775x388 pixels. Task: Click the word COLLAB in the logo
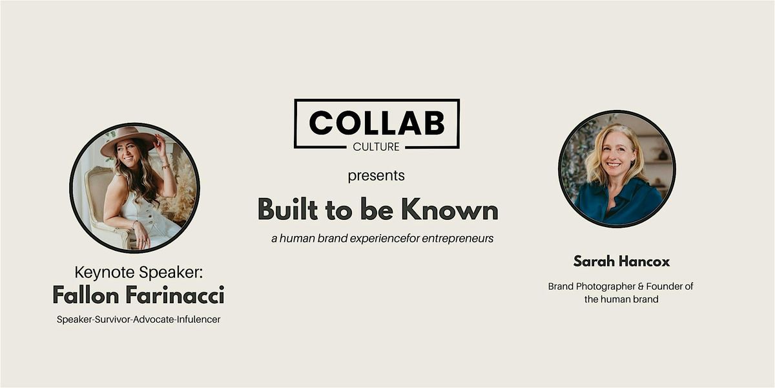(x=377, y=123)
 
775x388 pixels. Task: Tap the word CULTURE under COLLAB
(x=376, y=147)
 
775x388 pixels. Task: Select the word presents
(x=376, y=176)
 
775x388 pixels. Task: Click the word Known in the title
(x=449, y=209)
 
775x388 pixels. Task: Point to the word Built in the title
(x=287, y=209)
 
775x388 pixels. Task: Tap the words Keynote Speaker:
(x=138, y=272)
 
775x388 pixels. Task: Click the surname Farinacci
(x=175, y=295)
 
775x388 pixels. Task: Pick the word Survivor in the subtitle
(x=113, y=319)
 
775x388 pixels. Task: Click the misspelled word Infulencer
(x=199, y=319)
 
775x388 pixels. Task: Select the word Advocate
(x=154, y=319)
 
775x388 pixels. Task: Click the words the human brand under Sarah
(x=621, y=299)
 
